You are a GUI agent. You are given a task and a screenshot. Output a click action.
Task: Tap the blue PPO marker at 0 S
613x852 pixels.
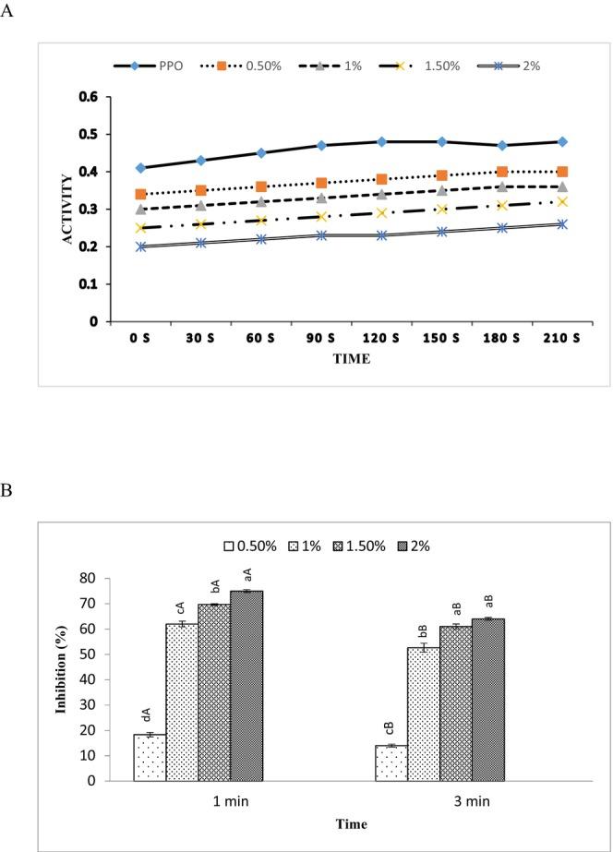(140, 168)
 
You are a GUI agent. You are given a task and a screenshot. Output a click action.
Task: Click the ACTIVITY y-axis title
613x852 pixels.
(67, 209)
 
